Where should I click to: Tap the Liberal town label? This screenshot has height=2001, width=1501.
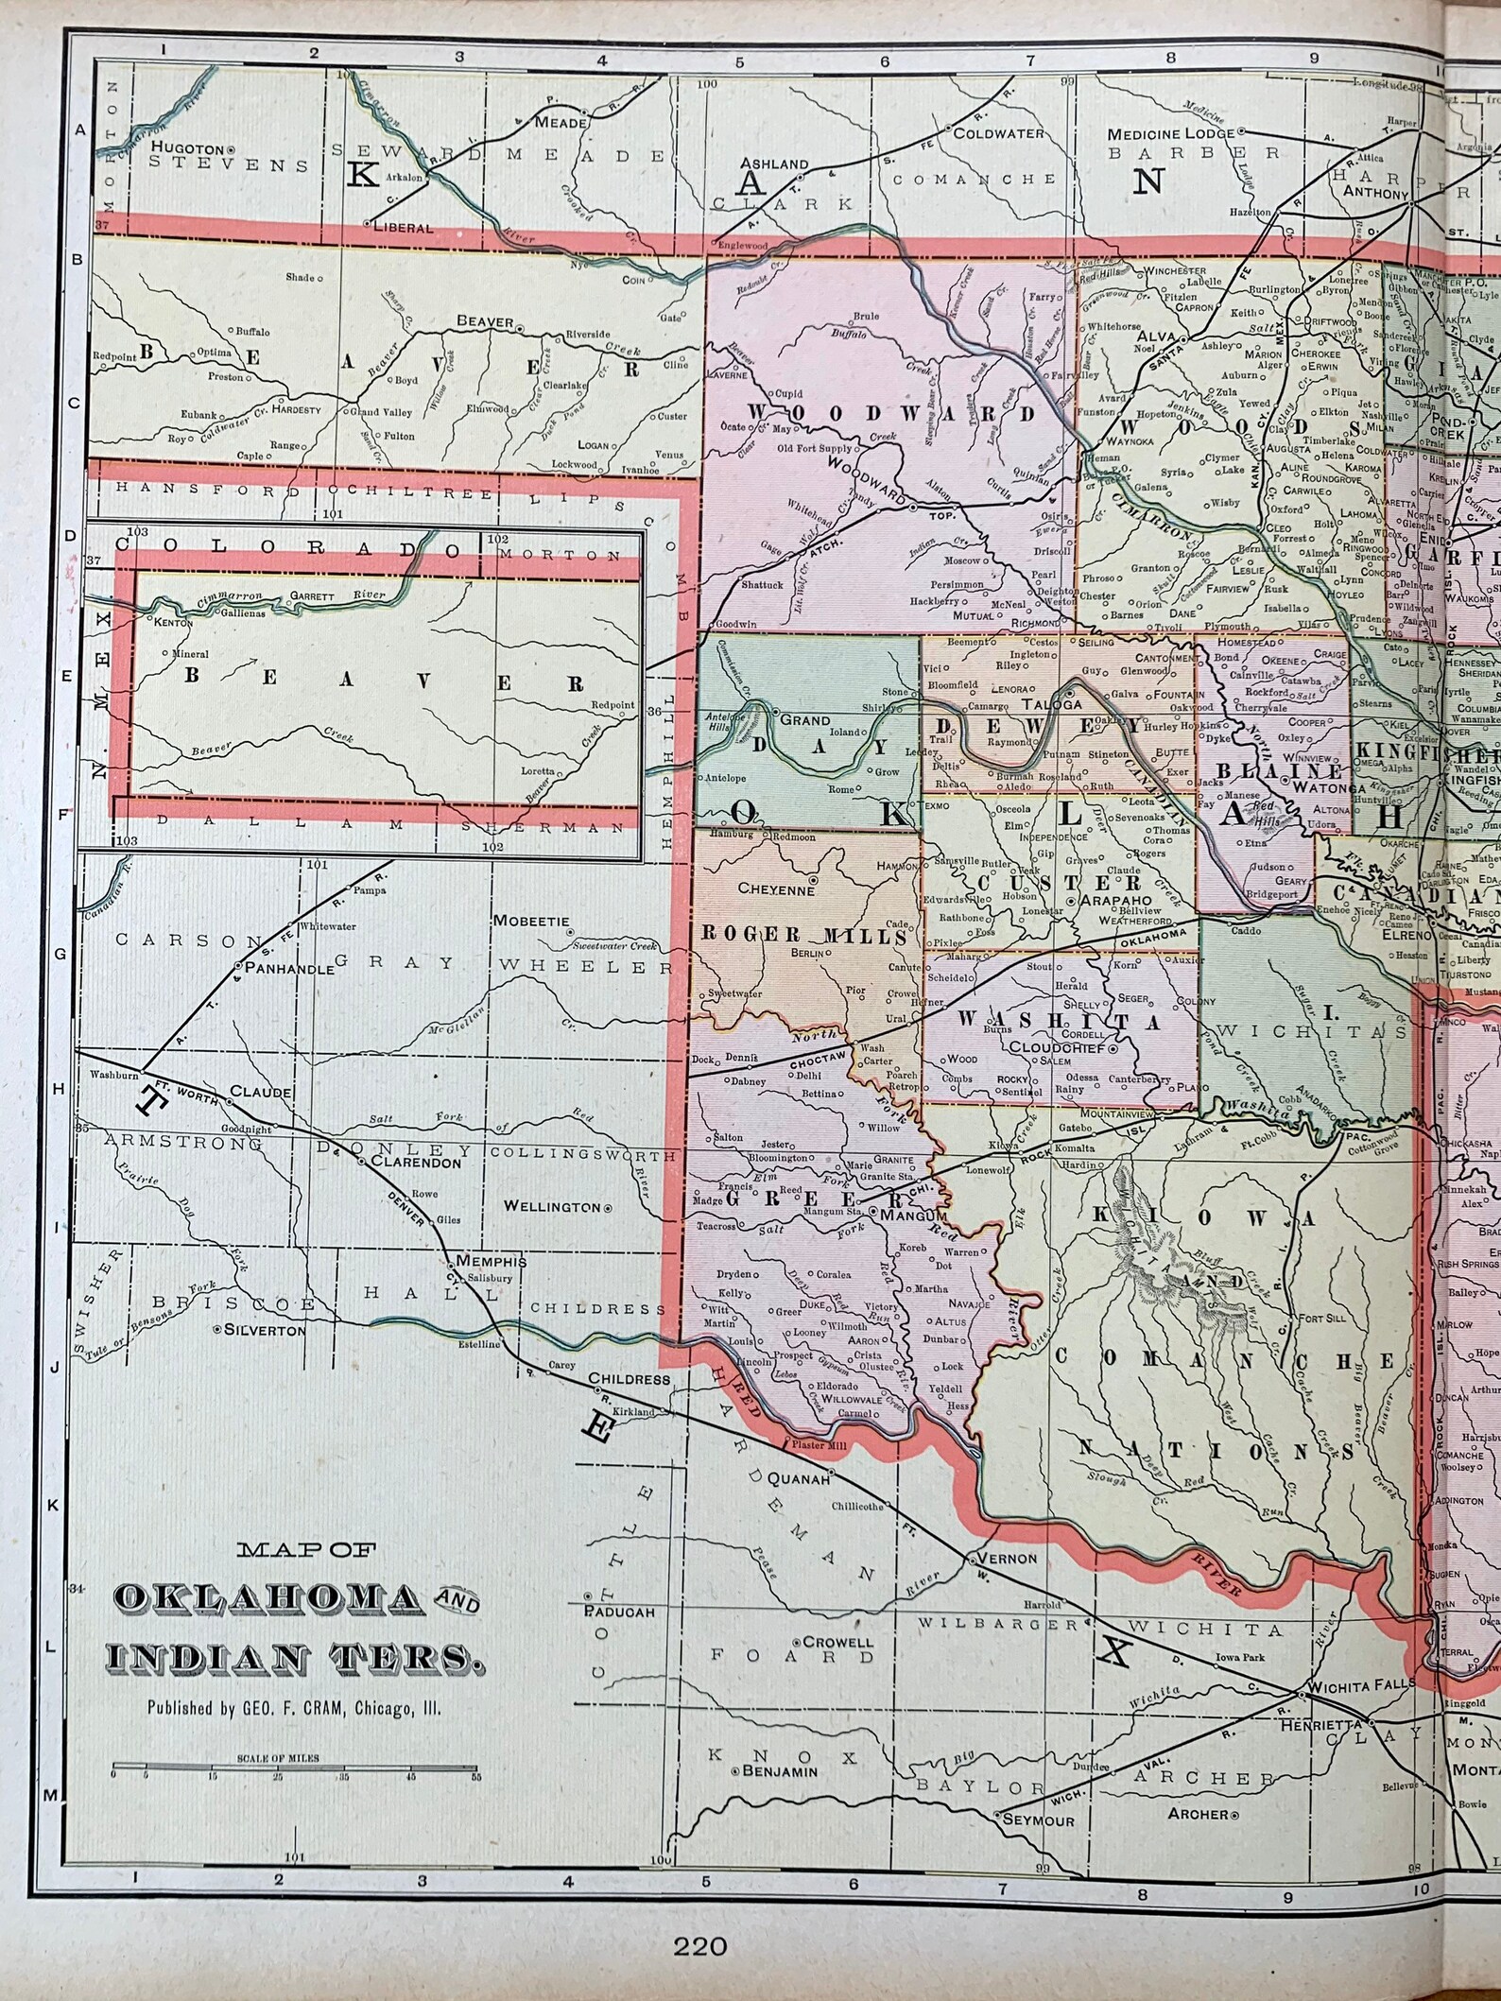(404, 228)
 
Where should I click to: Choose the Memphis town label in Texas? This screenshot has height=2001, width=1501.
(492, 1261)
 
